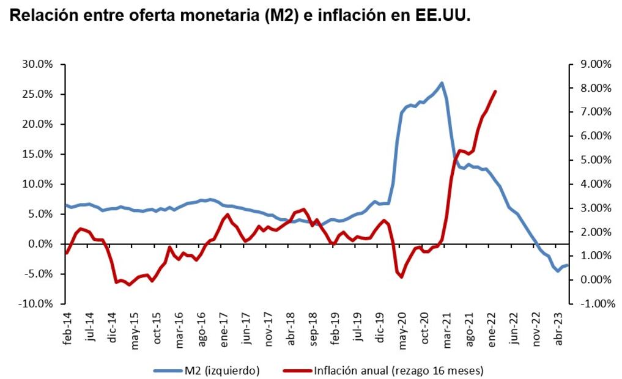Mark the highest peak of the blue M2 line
pyautogui.click(x=442, y=83)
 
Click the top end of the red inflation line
pyautogui.click(x=495, y=92)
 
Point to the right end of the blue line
pyautogui.click(x=568, y=265)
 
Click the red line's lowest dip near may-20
pyautogui.click(x=402, y=277)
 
